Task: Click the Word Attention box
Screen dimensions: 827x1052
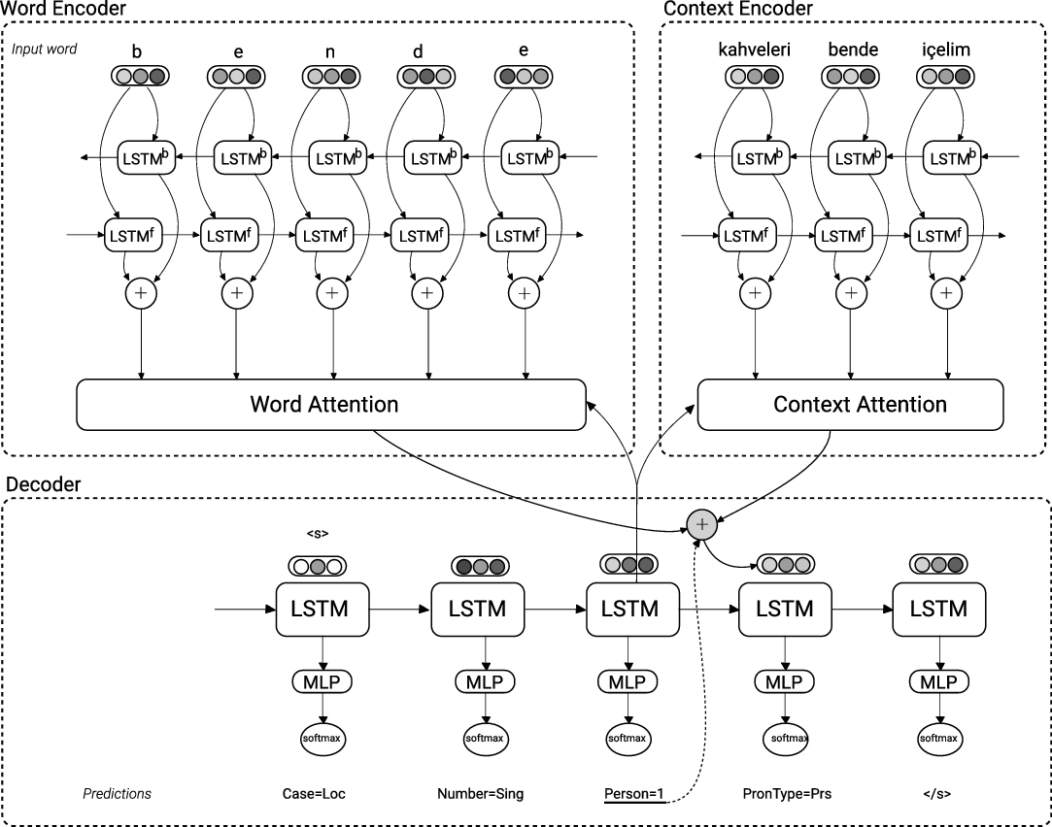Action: point(330,404)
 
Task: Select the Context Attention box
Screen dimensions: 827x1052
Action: point(850,404)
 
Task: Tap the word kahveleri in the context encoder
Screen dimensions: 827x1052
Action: point(754,49)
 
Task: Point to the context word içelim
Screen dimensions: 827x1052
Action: point(946,49)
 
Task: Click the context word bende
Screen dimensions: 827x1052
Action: point(853,49)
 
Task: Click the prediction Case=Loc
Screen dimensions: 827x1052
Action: point(313,794)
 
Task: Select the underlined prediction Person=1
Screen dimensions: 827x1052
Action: point(633,794)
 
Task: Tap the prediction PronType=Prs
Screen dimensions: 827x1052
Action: point(786,794)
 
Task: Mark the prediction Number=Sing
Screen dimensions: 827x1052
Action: point(480,794)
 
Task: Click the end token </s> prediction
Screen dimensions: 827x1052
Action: point(937,794)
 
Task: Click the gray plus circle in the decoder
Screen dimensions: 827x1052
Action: point(701,524)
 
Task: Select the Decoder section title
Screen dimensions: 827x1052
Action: point(43,483)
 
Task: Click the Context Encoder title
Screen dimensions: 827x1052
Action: point(737,9)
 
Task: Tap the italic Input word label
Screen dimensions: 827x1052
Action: point(45,49)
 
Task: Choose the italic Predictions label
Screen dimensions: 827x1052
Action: point(117,794)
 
